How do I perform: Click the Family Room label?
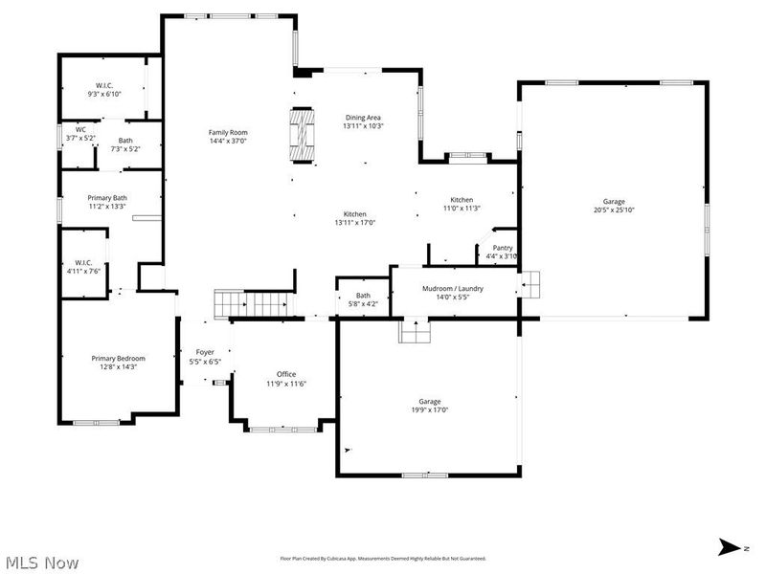pyautogui.click(x=228, y=132)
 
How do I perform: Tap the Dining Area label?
pyautogui.click(x=363, y=117)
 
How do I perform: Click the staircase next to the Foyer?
pyautogui.click(x=252, y=304)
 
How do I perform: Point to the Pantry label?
pyautogui.click(x=502, y=248)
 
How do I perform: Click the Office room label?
pyautogui.click(x=285, y=374)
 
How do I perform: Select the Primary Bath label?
pyautogui.click(x=106, y=198)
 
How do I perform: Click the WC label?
pyautogui.click(x=81, y=130)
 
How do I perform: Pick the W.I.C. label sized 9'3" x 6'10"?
pyautogui.click(x=105, y=85)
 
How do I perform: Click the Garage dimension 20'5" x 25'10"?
pyautogui.click(x=614, y=210)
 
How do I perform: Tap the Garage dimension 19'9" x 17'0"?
pyautogui.click(x=429, y=409)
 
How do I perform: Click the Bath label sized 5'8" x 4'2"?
pyautogui.click(x=363, y=296)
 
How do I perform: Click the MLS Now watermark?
pyautogui.click(x=42, y=562)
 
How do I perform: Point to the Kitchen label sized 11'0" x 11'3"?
pyautogui.click(x=462, y=200)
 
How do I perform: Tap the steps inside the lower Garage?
pyautogui.click(x=415, y=330)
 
